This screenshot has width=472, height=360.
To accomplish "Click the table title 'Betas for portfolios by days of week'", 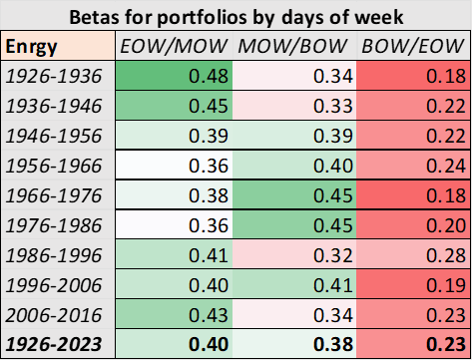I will [236, 17].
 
